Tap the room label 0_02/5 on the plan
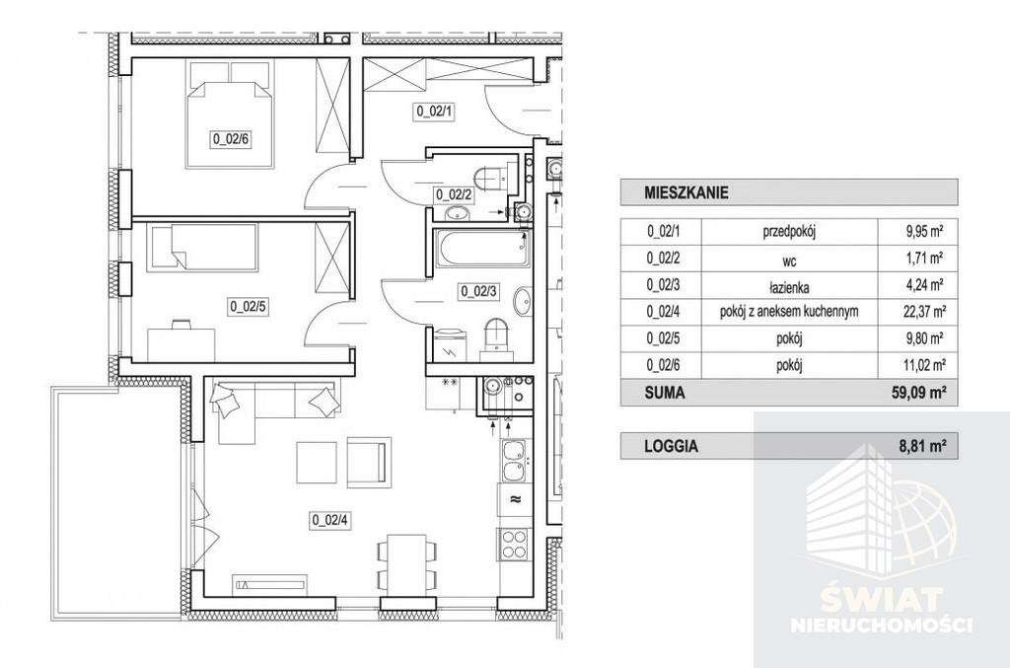(x=248, y=307)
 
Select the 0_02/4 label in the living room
(x=329, y=520)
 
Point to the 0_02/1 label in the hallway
(x=435, y=111)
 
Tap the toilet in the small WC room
(x=493, y=177)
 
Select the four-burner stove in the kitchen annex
(x=514, y=544)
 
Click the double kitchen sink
(x=516, y=460)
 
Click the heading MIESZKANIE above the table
(x=686, y=192)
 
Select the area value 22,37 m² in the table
(x=924, y=312)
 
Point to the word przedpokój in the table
(x=789, y=232)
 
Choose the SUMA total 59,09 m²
(x=923, y=393)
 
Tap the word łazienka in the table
(x=789, y=287)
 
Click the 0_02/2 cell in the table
(x=663, y=259)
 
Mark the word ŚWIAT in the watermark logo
(x=881, y=602)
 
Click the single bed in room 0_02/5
(x=202, y=248)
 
